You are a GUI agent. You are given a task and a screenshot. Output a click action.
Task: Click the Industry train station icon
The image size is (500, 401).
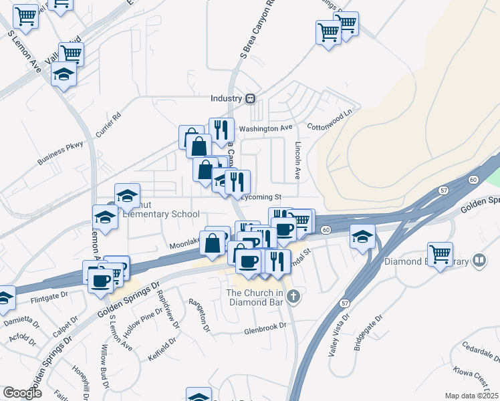pyautogui.click(x=251, y=98)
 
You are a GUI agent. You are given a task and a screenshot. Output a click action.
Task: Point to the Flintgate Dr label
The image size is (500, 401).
pyautogui.click(x=49, y=294)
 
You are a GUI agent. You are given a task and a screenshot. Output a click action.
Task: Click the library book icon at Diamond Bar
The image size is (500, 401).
pyautogui.click(x=479, y=260)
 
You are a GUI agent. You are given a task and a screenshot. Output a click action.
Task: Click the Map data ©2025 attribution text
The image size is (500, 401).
pyautogui.click(x=472, y=396)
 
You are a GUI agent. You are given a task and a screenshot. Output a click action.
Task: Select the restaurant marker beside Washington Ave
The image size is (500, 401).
pyautogui.click(x=222, y=130)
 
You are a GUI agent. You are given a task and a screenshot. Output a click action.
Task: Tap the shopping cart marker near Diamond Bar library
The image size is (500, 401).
pyautogui.click(x=440, y=255)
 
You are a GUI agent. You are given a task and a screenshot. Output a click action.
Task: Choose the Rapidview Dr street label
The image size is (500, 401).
pyautogui.click(x=174, y=312)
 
